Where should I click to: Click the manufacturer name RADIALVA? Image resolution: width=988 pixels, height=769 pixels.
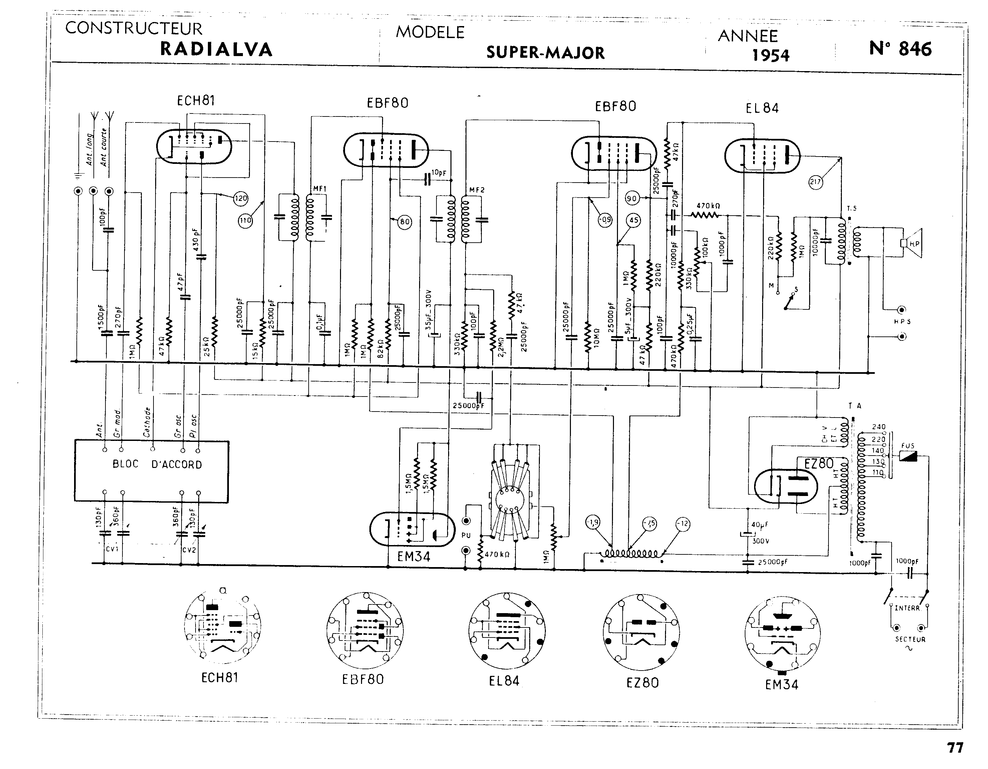click(x=216, y=49)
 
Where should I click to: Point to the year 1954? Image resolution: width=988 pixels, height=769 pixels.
click(x=770, y=55)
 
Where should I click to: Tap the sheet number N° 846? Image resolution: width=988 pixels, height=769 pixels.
click(x=900, y=49)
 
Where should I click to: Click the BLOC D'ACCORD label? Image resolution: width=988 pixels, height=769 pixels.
click(x=157, y=464)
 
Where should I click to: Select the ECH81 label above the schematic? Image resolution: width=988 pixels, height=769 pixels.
click(x=196, y=100)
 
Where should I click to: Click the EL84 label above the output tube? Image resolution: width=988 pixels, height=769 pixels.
click(x=762, y=108)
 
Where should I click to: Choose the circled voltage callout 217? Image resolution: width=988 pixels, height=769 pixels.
click(x=815, y=183)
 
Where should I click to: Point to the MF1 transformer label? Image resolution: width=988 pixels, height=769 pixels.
click(x=319, y=189)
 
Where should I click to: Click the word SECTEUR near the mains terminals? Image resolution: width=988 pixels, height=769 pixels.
click(x=910, y=639)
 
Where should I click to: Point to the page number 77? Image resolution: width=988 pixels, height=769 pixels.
click(x=955, y=748)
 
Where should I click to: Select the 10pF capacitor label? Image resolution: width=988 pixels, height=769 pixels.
click(x=439, y=173)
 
